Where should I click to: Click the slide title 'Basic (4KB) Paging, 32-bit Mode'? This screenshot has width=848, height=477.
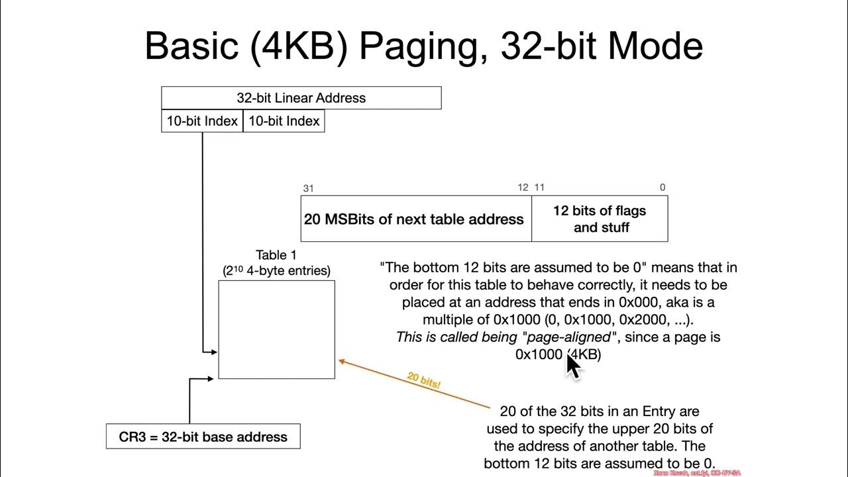[423, 46]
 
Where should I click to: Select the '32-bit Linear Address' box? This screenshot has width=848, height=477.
[301, 98]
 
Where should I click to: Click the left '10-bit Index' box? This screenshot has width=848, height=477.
[202, 121]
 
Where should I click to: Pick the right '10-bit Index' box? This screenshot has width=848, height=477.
[284, 121]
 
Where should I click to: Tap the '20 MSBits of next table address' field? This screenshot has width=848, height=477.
[414, 219]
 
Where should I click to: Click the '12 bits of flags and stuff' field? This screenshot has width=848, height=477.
[600, 219]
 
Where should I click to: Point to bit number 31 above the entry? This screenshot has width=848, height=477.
[308, 188]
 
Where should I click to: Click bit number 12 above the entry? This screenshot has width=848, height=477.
[523, 187]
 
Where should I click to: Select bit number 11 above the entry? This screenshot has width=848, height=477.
[539, 187]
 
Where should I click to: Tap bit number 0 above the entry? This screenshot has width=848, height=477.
[662, 187]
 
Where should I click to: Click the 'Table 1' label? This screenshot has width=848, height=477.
[276, 255]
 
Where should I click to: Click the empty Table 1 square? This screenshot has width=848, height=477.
[276, 329]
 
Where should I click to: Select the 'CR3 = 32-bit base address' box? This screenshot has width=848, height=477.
[203, 437]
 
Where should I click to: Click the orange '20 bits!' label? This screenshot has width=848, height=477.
[424, 380]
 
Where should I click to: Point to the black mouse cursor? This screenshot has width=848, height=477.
[572, 365]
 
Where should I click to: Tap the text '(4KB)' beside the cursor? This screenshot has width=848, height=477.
[586, 354]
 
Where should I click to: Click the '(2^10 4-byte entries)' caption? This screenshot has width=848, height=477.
[276, 270]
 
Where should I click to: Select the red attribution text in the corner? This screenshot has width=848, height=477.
[696, 473]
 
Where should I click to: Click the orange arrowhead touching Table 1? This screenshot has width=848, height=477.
[343, 361]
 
